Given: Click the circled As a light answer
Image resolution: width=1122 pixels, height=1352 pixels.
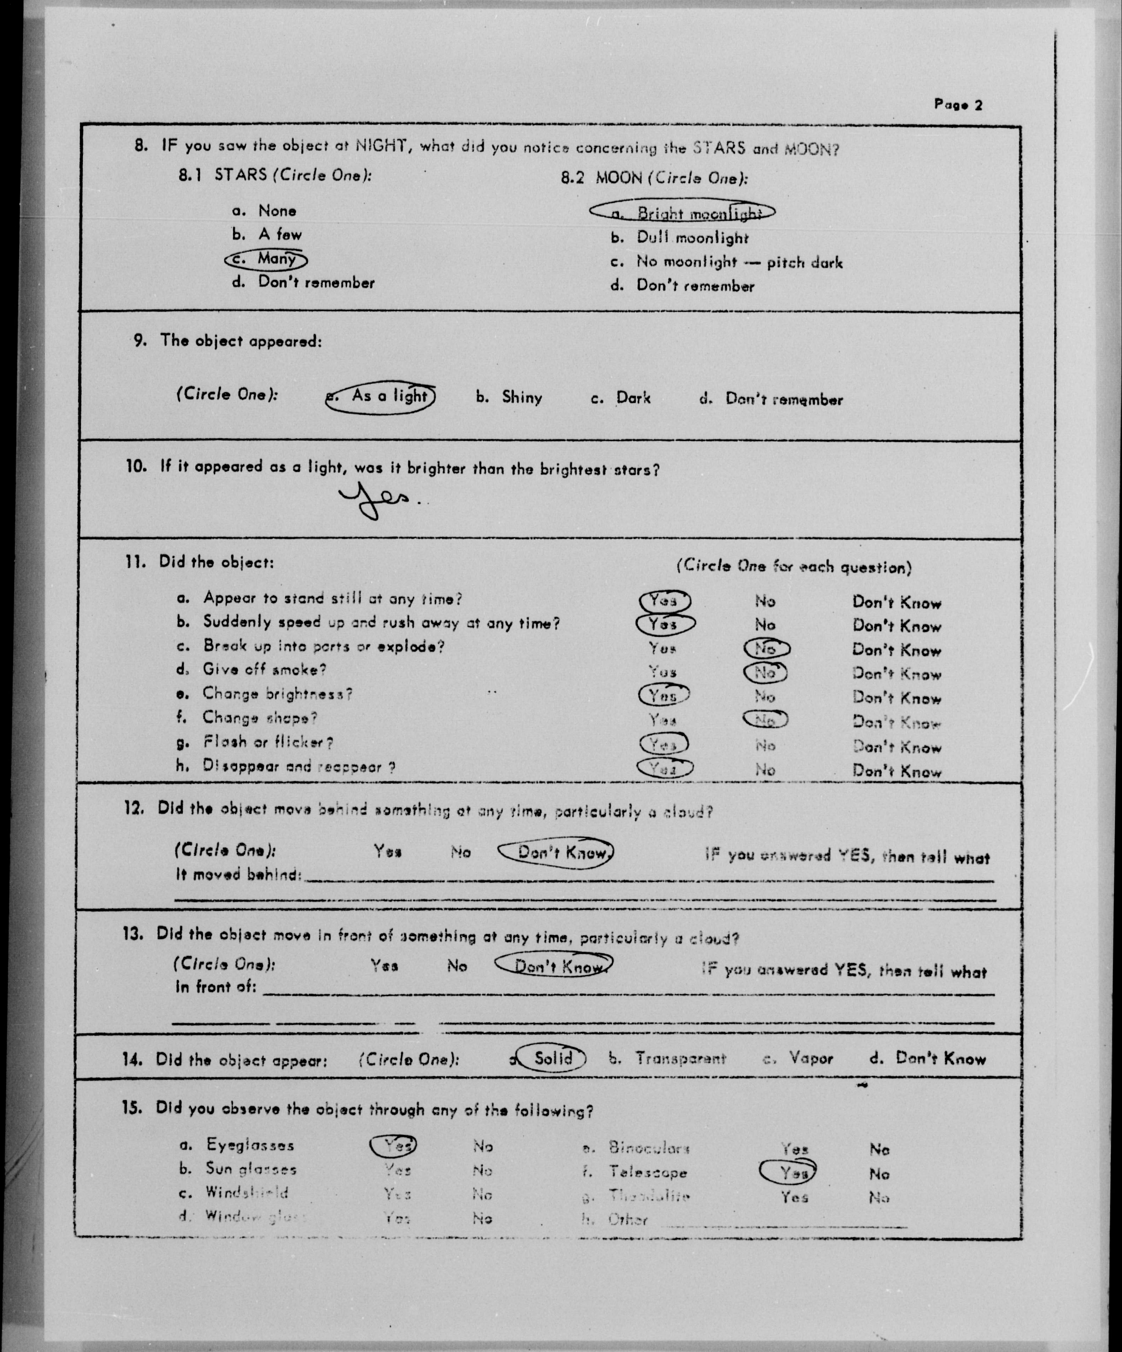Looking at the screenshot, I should coord(381,396).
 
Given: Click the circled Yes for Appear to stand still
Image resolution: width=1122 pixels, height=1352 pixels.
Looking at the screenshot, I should coord(664,601).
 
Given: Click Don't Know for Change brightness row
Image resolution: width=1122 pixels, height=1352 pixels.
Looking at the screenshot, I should coord(897,698).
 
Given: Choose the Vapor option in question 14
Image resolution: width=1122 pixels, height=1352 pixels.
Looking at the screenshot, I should coord(810,1059).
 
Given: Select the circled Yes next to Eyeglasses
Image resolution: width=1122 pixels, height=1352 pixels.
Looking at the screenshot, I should coord(394,1145).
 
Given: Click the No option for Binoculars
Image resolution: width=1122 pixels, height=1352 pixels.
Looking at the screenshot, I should coord(879,1149).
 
